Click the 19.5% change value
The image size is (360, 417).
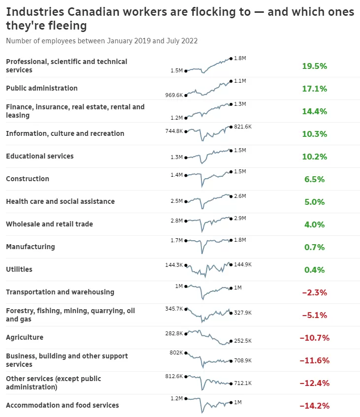point(315,66)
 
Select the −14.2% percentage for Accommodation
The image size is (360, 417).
point(315,406)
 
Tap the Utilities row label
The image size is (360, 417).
point(19,269)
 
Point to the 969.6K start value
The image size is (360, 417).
point(174,95)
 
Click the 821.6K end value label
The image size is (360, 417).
point(243,127)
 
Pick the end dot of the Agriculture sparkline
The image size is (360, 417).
point(230,341)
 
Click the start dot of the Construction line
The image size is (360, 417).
point(186,175)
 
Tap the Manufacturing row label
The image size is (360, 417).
point(31,247)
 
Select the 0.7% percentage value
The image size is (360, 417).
point(315,247)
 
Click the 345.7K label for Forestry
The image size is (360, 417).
point(174,309)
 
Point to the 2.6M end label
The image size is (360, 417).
point(240,196)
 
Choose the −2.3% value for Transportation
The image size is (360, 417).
point(315,292)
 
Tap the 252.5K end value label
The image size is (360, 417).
point(243,341)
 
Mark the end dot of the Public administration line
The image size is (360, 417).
point(230,81)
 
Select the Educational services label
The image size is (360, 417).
point(40,156)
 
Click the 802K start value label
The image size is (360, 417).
point(176,353)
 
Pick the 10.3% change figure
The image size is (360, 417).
point(315,134)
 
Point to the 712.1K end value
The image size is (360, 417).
point(243,383)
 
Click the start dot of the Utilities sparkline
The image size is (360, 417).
point(186,265)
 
